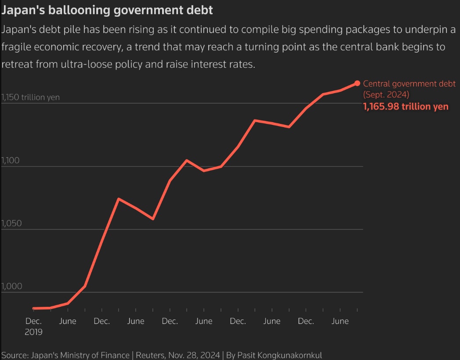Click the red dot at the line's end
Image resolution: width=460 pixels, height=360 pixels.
(357, 83)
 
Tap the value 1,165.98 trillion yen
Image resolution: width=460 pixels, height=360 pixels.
(406, 106)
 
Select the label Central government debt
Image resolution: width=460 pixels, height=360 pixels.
(409, 84)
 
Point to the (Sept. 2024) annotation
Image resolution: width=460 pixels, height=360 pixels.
(386, 94)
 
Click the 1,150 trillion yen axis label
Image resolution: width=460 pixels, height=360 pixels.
(30, 97)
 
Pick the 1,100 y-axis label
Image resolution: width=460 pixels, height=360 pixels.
(10, 160)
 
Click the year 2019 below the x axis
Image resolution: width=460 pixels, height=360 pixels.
(33, 332)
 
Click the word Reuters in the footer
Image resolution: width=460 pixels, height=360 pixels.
(149, 355)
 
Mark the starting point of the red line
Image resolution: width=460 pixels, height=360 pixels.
(34, 308)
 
